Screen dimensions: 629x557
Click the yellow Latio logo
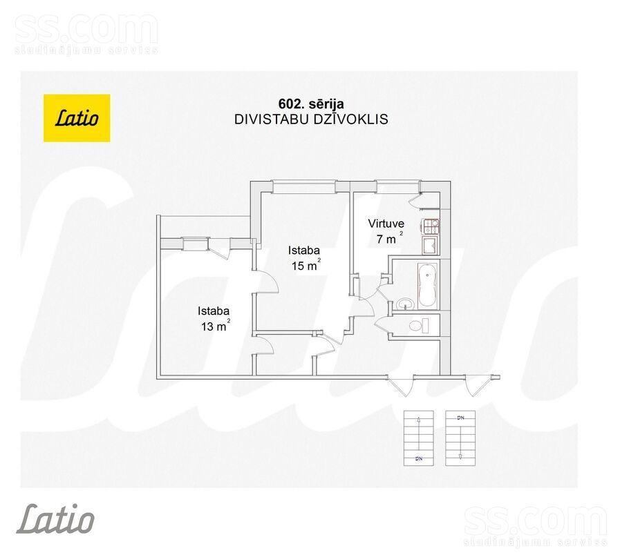[77, 118]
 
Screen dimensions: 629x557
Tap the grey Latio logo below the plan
[55, 519]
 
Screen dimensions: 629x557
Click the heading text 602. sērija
[311, 104]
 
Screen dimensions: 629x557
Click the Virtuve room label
[386, 223]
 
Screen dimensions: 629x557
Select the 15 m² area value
[306, 264]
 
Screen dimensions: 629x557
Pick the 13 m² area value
[216, 326]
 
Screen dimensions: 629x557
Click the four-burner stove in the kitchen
[431, 226]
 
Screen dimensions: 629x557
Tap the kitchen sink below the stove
[431, 245]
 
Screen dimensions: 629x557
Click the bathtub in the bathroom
[428, 286]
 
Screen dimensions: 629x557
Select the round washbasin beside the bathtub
[406, 304]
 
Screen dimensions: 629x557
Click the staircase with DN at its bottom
[419, 438]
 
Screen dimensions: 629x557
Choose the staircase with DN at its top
[460, 438]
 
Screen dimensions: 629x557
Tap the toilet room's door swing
[381, 324]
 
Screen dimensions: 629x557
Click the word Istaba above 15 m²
[303, 251]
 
